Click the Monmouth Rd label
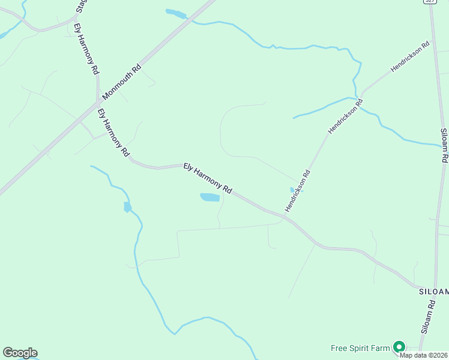point(122,82)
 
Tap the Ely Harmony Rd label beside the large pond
point(208,178)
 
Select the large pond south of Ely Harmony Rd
point(209,197)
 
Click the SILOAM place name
point(433,291)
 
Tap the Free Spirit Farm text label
point(360,348)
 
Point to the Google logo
point(20,353)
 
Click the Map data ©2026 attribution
point(423,355)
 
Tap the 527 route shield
point(429,2)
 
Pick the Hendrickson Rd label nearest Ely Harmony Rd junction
point(298,191)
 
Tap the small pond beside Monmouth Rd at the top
point(176,13)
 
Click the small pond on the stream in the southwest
point(127,208)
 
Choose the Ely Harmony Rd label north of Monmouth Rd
point(86,49)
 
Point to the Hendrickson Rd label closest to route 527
point(411,56)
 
